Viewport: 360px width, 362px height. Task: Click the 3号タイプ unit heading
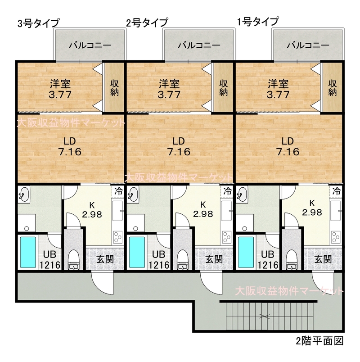tap(39, 23)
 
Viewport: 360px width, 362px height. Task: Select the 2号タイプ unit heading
tap(147, 23)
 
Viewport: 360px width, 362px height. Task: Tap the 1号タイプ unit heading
tap(258, 22)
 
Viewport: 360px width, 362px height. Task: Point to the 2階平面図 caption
tap(319, 341)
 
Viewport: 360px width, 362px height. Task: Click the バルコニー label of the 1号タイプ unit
tap(308, 45)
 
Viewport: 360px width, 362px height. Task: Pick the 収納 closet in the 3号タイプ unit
tap(114, 87)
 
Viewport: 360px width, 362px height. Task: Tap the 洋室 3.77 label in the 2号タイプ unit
tap(169, 89)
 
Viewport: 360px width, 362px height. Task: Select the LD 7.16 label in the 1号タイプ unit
tap(288, 146)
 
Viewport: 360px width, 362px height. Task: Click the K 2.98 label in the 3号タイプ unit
tap(92, 210)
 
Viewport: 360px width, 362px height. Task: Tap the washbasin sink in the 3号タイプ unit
tap(24, 194)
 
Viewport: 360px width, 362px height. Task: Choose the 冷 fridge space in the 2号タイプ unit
tap(227, 191)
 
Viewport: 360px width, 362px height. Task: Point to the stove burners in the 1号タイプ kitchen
tap(336, 237)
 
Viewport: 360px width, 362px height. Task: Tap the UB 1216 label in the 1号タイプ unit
tap(268, 260)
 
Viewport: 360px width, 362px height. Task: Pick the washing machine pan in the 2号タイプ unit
tap(136, 222)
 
